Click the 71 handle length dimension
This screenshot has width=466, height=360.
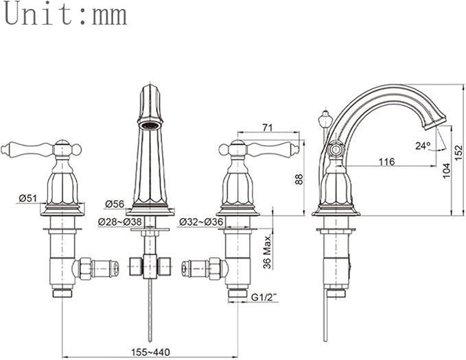267,128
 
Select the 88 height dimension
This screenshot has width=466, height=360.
299,179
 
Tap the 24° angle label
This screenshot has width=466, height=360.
423,145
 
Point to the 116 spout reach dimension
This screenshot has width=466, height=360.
386,162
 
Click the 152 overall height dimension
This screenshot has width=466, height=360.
459,152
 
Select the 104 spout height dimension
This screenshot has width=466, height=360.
446,171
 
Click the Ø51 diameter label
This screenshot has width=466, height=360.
27,198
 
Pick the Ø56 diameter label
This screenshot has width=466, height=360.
114,204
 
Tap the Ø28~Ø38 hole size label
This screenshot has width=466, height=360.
120,221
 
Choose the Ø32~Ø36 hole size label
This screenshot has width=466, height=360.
201,221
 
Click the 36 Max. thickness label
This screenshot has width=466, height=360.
268,251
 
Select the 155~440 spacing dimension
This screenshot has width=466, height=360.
151,352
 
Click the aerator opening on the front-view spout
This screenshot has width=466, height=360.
150,125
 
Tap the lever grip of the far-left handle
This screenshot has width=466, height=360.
27,148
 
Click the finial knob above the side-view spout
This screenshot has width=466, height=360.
325,119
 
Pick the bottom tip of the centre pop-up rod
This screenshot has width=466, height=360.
150,340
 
